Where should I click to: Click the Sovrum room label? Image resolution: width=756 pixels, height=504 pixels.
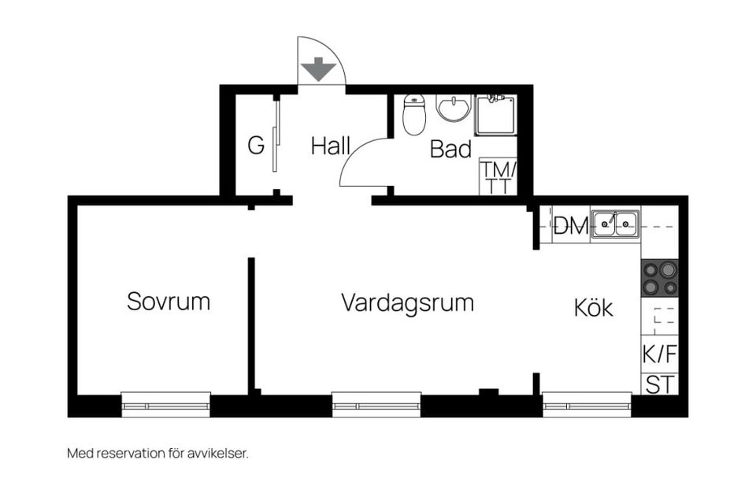pos(169,302)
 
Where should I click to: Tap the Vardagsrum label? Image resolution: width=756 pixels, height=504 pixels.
pos(407,303)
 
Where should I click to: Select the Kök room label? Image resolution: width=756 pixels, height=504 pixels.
pos(593,308)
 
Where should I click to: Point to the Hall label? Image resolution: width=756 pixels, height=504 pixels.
pos(330,146)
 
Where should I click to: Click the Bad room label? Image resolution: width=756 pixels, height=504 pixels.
pos(450,150)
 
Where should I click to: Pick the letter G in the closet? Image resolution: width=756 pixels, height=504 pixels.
pos(255,146)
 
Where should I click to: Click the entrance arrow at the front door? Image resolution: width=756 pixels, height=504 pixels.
pos(321,69)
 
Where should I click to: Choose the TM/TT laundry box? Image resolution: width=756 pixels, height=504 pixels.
pos(498,177)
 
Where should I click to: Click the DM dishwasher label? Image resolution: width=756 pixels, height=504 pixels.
pos(571,227)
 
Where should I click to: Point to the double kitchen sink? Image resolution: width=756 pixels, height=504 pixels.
pos(615,224)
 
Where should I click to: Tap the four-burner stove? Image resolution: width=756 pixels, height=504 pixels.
pos(659,278)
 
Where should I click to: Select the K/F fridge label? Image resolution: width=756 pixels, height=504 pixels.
pos(659,354)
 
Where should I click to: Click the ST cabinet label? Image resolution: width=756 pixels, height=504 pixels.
pos(659,385)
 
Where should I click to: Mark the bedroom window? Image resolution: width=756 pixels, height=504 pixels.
pos(166,405)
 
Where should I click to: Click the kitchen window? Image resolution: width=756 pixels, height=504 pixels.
pos(587,405)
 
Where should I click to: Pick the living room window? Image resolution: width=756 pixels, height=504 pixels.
pos(376,405)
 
